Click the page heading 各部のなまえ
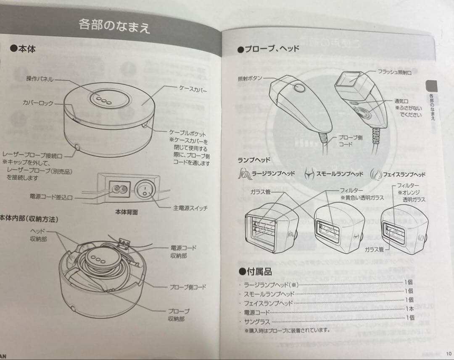(114, 26)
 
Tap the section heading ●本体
(23, 49)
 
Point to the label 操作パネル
(40, 79)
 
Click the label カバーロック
(38, 103)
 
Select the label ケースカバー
(193, 89)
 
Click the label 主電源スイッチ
(190, 208)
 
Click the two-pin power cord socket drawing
(118, 190)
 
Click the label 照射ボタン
(250, 78)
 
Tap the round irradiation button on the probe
(299, 88)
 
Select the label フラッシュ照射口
(394, 73)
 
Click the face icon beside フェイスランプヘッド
(375, 174)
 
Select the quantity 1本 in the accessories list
(409, 308)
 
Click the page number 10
(449, 353)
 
